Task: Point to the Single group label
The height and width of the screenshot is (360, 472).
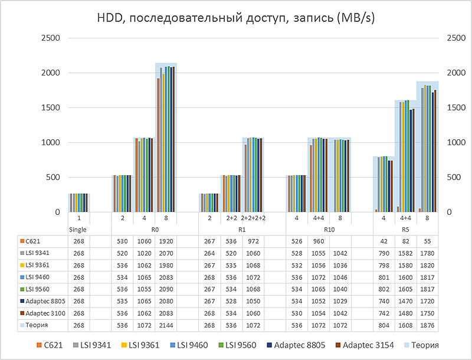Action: (x=78, y=230)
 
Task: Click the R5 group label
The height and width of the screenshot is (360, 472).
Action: (x=405, y=230)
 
